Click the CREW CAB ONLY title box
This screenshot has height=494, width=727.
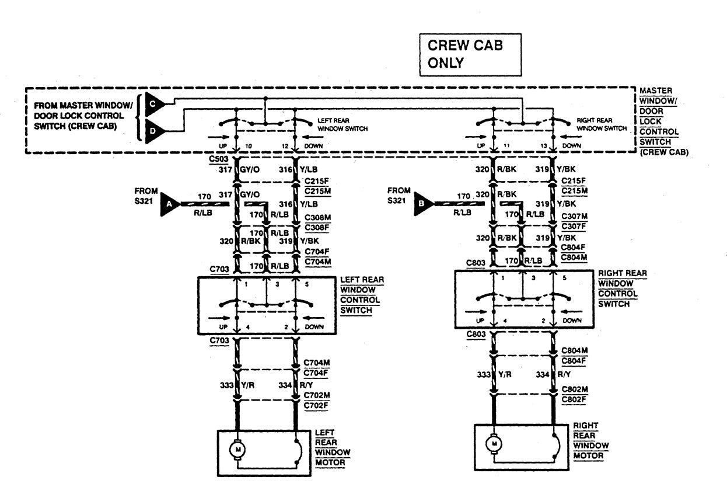click(x=469, y=54)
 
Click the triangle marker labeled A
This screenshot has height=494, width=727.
click(x=169, y=204)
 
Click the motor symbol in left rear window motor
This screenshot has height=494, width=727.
click(x=237, y=449)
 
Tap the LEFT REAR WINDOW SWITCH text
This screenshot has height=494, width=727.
click(x=342, y=125)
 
